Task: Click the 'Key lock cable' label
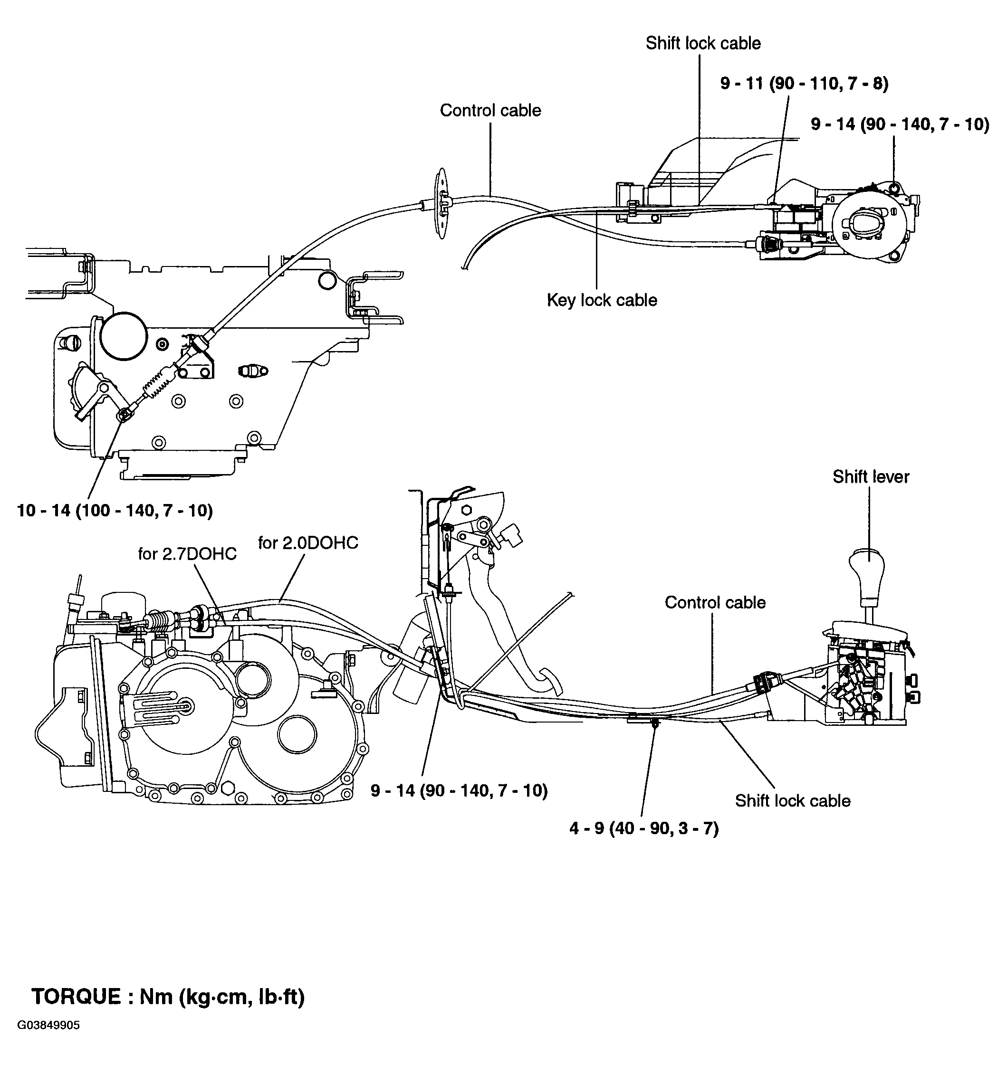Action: click(602, 300)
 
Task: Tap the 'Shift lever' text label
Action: click(871, 476)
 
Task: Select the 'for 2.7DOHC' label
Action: click(187, 553)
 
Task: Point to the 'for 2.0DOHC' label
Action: click(307, 542)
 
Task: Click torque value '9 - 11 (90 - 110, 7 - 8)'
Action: click(804, 83)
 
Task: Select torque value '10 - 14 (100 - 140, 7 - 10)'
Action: click(115, 510)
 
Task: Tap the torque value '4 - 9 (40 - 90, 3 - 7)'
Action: click(643, 828)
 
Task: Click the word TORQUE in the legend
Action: click(76, 996)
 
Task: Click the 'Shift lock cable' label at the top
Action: click(703, 43)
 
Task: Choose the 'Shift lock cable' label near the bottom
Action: click(792, 800)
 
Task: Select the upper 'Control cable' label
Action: click(490, 110)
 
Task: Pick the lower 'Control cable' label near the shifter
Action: click(715, 602)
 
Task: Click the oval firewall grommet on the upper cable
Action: click(441, 203)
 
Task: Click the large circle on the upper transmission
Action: click(124, 336)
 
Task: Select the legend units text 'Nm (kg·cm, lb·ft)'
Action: click(222, 996)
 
